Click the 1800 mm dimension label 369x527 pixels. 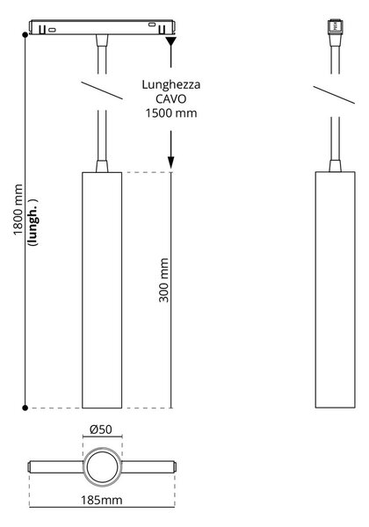[18, 209]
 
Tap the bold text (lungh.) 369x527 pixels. [33, 222]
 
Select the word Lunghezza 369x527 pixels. [170, 84]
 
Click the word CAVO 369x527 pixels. [170, 98]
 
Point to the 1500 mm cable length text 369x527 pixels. [171, 113]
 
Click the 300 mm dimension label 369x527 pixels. [163, 280]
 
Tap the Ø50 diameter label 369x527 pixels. [101, 430]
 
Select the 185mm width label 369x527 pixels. [102, 500]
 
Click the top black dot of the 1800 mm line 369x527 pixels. [25, 34]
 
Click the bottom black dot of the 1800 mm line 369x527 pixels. [25, 408]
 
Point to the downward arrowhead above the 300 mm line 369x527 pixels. [171, 162]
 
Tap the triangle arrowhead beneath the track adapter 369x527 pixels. [171, 41]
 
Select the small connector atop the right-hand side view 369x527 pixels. [335, 25]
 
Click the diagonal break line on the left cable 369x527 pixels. [102, 90]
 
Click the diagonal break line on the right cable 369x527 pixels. [334, 95]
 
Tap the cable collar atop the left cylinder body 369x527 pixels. [102, 166]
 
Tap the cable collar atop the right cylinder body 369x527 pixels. [335, 166]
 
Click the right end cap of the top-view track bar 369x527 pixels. [175, 467]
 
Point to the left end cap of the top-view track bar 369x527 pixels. [30, 467]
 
